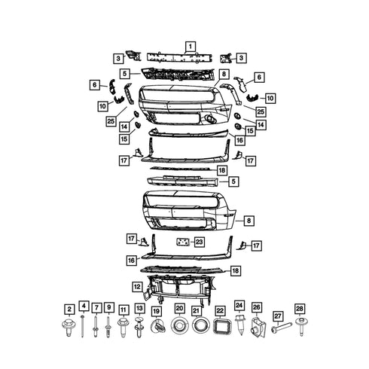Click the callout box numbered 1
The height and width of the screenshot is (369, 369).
pyautogui.click(x=191, y=47)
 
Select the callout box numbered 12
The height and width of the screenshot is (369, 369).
pyautogui.click(x=137, y=287)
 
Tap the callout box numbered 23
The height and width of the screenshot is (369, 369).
pyautogui.click(x=199, y=242)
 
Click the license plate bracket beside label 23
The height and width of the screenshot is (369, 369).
pyautogui.click(x=183, y=242)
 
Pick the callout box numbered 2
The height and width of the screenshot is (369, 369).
pyautogui.click(x=69, y=310)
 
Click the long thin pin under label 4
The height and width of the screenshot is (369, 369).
pyautogui.click(x=82, y=326)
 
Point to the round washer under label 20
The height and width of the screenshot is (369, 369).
pyautogui.click(x=179, y=325)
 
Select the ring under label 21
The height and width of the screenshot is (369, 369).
pyautogui.click(x=201, y=325)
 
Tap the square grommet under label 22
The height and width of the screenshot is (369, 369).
pyautogui.click(x=221, y=326)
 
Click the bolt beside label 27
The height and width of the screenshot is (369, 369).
pyautogui.click(x=282, y=328)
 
